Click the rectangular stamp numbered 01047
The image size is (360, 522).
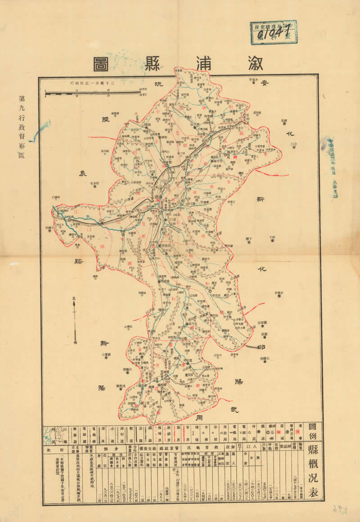(x=274, y=32)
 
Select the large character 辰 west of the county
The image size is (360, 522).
(x=82, y=174)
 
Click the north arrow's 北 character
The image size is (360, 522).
(x=74, y=297)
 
